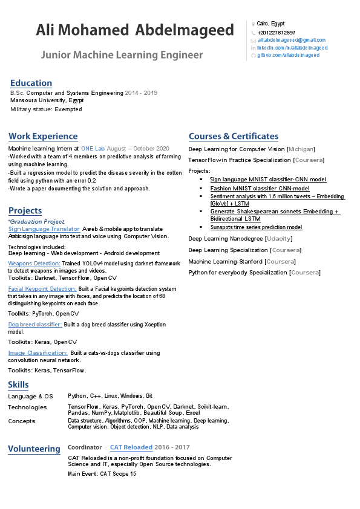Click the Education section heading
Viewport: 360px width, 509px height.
(x=31, y=83)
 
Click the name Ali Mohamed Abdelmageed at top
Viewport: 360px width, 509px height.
(x=134, y=30)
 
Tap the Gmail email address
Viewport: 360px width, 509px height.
(x=291, y=40)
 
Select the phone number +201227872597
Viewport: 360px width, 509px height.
(x=276, y=32)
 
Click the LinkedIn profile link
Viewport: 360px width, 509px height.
(x=292, y=48)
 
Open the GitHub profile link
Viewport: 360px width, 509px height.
(x=289, y=55)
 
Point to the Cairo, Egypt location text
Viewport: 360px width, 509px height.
(x=270, y=24)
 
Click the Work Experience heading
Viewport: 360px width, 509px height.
(x=43, y=136)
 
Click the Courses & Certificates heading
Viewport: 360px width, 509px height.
(x=234, y=136)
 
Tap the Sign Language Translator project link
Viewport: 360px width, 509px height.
(x=44, y=229)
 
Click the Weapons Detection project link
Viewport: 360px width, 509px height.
(x=34, y=264)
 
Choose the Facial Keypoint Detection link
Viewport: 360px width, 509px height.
(x=42, y=289)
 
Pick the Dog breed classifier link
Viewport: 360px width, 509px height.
(x=35, y=325)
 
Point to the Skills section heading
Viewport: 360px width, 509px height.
(x=18, y=384)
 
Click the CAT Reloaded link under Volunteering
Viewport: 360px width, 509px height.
(x=131, y=447)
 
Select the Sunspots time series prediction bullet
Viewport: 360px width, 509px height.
(x=256, y=227)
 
